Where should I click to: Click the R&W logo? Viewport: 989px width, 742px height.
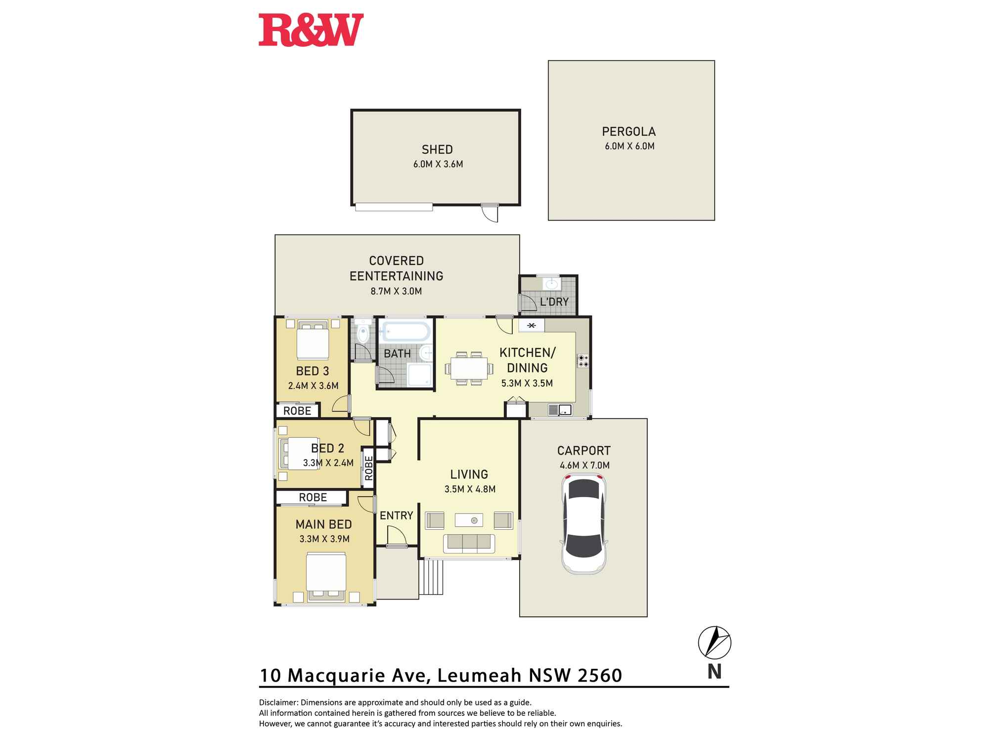[x=311, y=30]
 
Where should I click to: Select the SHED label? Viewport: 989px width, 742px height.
[x=437, y=149]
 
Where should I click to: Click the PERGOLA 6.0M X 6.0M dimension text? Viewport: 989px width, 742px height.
[x=629, y=146]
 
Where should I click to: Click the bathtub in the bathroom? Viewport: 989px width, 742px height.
[x=405, y=332]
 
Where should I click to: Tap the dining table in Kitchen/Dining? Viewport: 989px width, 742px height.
[x=469, y=369]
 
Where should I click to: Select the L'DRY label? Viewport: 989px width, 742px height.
[x=554, y=302]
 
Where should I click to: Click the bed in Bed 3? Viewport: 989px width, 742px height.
[x=313, y=340]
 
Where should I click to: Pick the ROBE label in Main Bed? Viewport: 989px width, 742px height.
[x=313, y=498]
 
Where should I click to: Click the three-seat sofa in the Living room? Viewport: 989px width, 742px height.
[x=469, y=543]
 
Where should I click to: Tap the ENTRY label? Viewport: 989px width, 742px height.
[x=396, y=515]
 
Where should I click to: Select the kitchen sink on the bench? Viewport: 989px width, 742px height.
[x=560, y=410]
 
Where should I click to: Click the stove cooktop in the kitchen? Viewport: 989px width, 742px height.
[x=583, y=361]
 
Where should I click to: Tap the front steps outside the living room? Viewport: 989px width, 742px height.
[x=432, y=577]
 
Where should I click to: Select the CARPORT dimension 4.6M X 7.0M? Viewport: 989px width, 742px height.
[x=584, y=465]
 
